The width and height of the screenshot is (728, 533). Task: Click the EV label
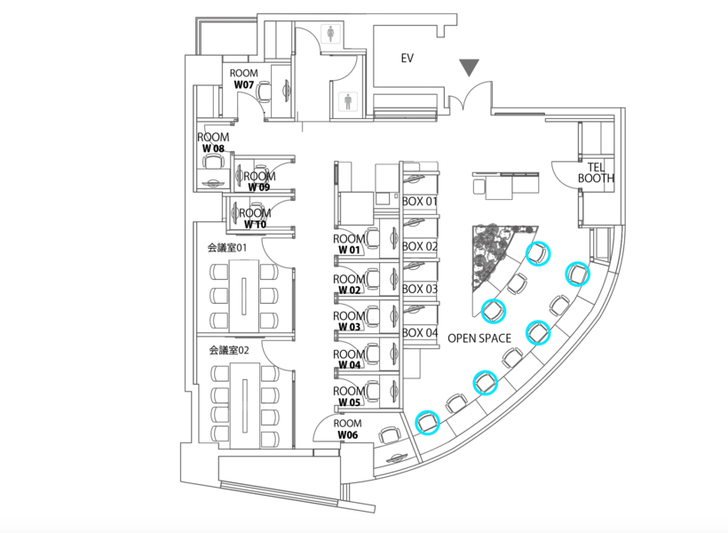coord(408,59)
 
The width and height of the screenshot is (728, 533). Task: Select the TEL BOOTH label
coord(596,172)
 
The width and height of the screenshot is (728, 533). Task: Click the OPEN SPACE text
coord(479,338)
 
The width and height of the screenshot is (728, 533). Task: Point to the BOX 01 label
coord(420,202)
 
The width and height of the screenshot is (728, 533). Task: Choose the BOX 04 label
coord(420,332)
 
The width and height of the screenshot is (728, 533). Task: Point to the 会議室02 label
coord(229,350)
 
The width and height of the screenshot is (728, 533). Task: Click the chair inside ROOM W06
coord(387,435)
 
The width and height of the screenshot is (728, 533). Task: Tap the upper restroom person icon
coord(330,34)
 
